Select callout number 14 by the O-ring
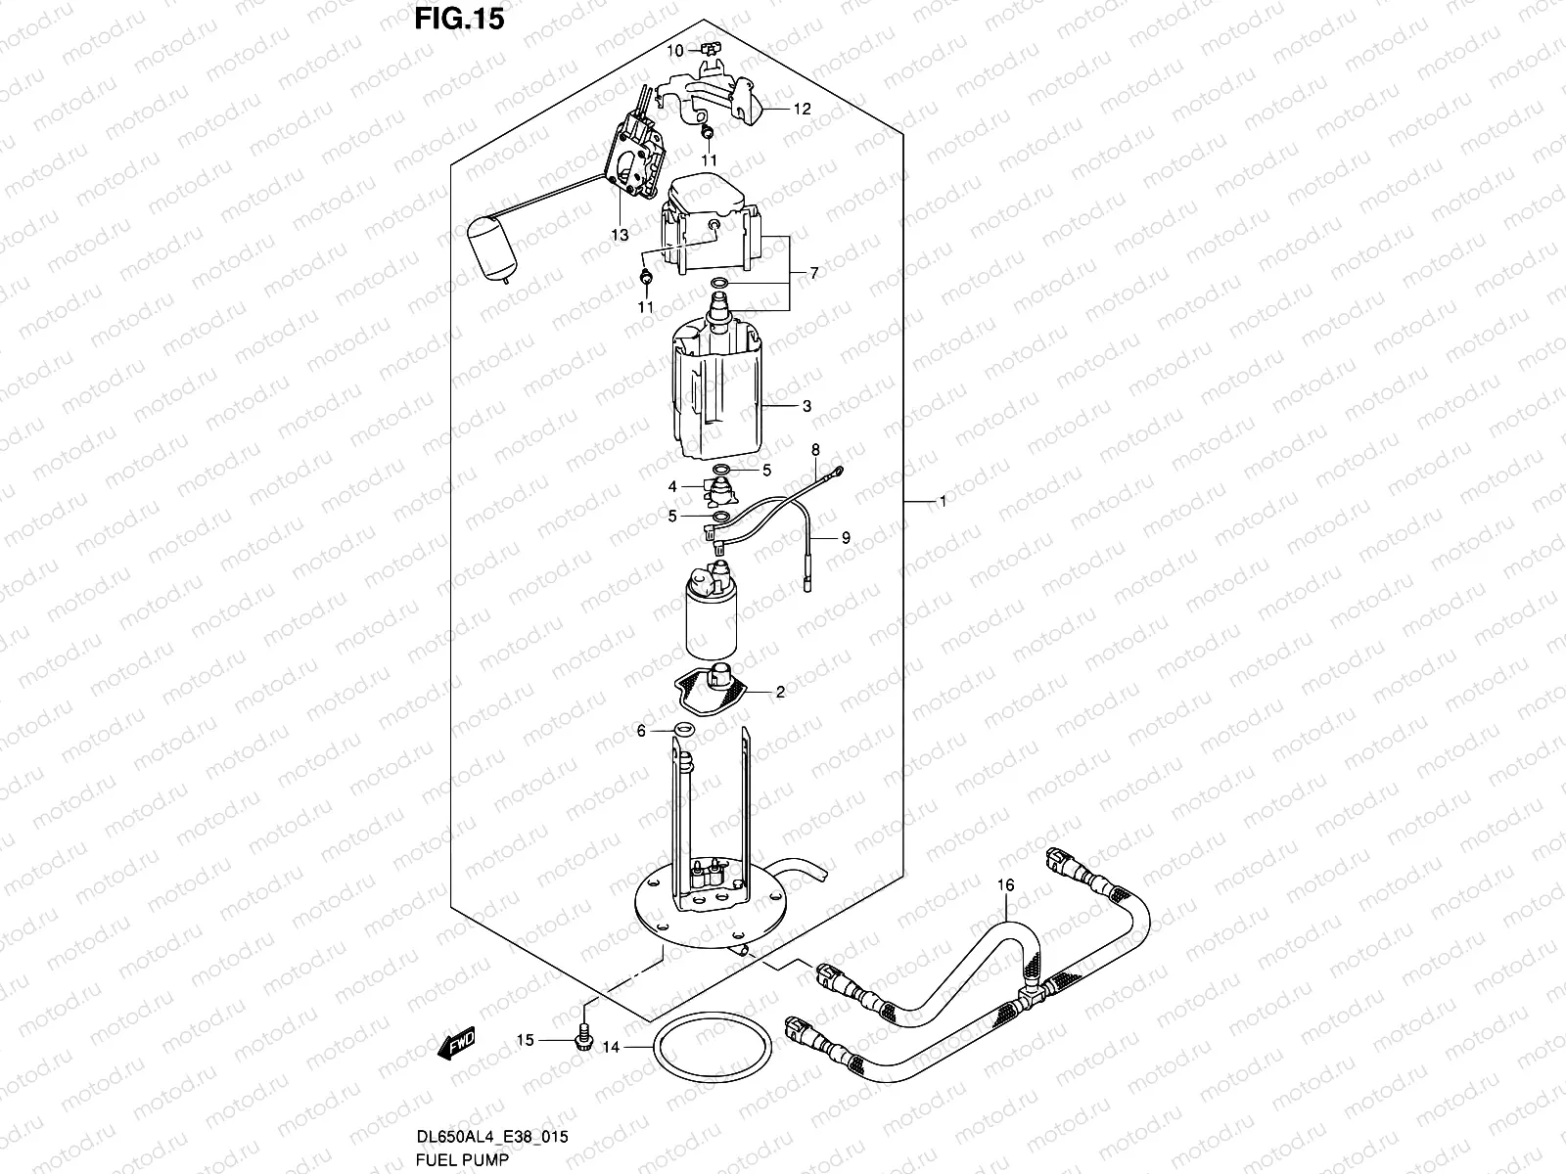pos(611,1047)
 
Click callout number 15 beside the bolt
pos(526,1040)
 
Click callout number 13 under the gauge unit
pos(619,234)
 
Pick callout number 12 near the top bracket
pos(802,110)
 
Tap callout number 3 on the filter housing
pos(806,406)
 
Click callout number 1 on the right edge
pos(942,501)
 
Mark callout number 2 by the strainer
pos(780,693)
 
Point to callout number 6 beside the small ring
pos(641,731)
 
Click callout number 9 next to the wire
pos(846,537)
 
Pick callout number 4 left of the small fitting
pos(672,486)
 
